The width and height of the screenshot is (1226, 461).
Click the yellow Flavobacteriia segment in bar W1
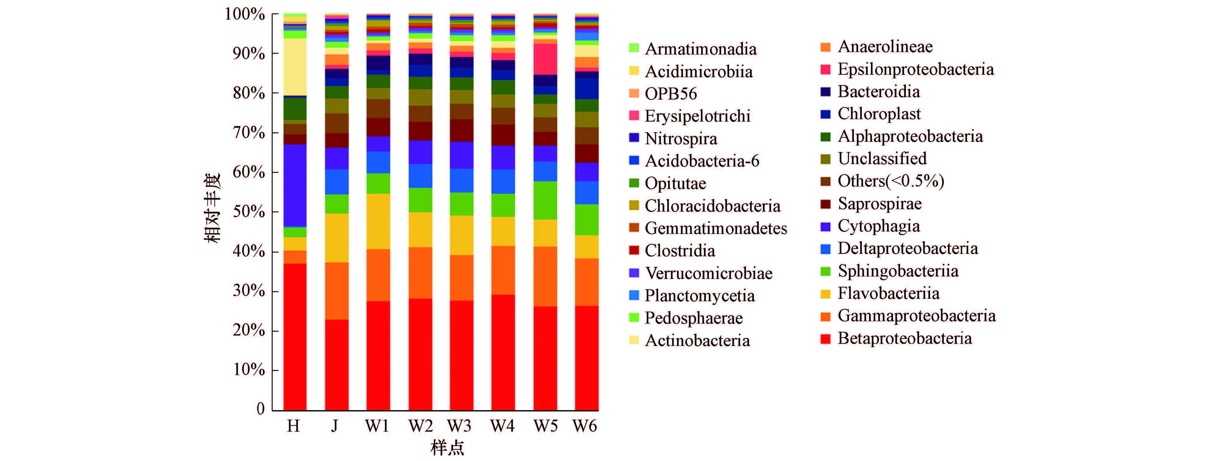coord(378,221)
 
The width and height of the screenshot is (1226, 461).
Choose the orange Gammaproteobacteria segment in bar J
coord(336,290)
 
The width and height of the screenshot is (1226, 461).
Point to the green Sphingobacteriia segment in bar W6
coord(586,219)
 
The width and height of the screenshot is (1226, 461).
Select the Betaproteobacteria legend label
coord(904,338)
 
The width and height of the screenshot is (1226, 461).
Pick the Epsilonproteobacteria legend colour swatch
coord(826,69)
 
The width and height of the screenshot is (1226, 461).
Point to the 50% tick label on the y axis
coord(248,212)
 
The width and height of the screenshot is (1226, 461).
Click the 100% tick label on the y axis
coord(245,14)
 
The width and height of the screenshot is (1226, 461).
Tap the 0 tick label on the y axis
coord(260,409)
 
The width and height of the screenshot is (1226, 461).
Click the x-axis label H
coord(294,426)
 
